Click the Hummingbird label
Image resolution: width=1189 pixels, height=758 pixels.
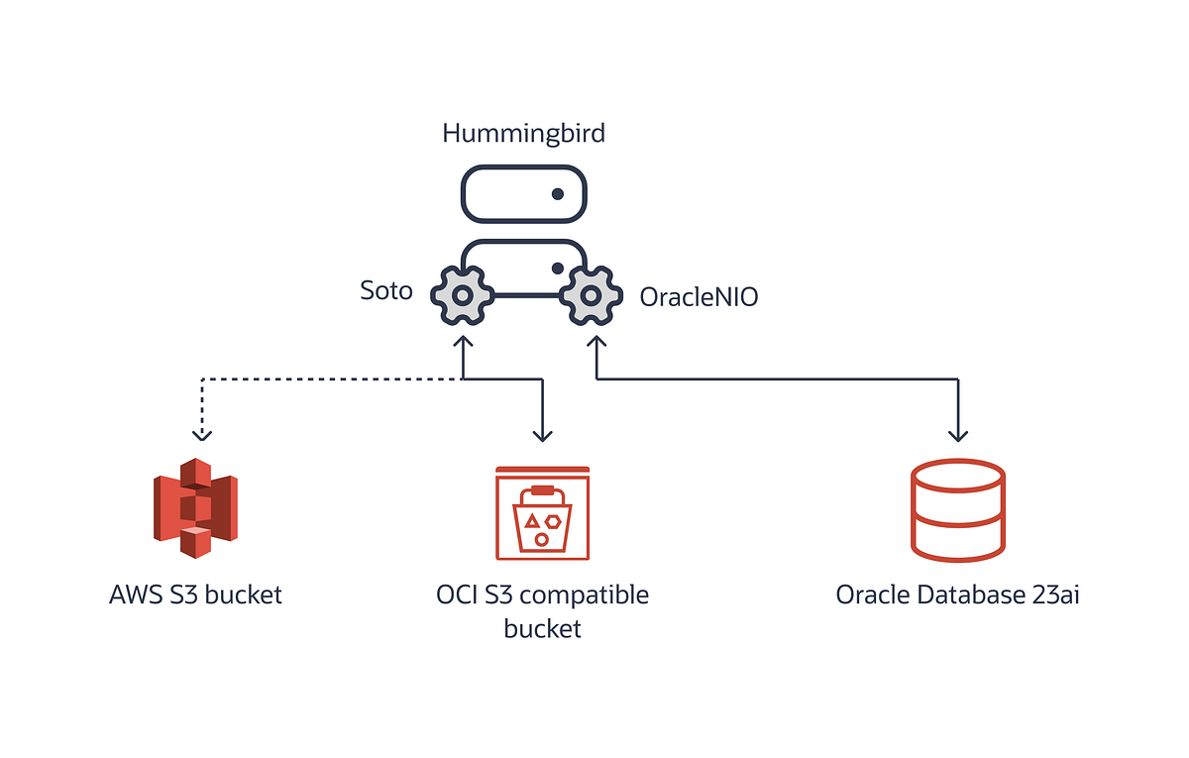[523, 133]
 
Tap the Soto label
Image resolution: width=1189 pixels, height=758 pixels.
[386, 292]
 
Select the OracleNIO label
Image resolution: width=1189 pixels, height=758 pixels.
[699, 296]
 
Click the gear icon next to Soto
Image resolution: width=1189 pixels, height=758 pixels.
[461, 295]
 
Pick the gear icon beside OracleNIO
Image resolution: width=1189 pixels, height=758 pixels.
[592, 295]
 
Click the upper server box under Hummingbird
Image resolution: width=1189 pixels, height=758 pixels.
[523, 194]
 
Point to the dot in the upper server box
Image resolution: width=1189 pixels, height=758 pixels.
[558, 194]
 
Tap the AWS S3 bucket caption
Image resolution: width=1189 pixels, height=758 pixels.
[196, 595]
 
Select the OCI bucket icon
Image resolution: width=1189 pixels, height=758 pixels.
[542, 513]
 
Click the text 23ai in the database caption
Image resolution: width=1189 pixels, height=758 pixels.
[1052, 596]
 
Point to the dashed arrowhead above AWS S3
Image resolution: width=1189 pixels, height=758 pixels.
[202, 433]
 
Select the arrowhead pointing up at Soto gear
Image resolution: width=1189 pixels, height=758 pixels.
[462, 343]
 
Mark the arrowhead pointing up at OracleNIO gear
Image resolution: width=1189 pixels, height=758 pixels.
[595, 343]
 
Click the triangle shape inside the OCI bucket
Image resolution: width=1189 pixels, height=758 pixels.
[532, 520]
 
